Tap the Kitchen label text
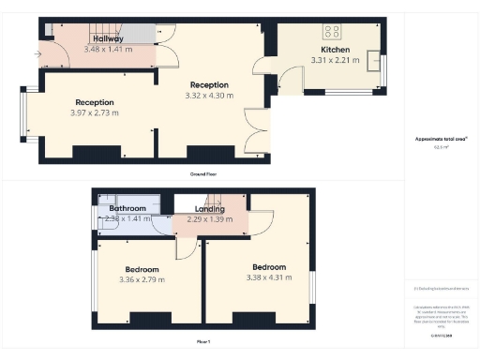[x=335, y=50]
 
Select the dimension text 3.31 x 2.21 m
[x=335, y=60]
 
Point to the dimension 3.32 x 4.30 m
[x=210, y=95]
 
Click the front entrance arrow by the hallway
[x=37, y=54]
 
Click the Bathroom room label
[x=128, y=208]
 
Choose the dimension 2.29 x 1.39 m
[x=210, y=219]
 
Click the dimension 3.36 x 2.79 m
[x=142, y=278]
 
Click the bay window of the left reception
[x=28, y=112]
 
